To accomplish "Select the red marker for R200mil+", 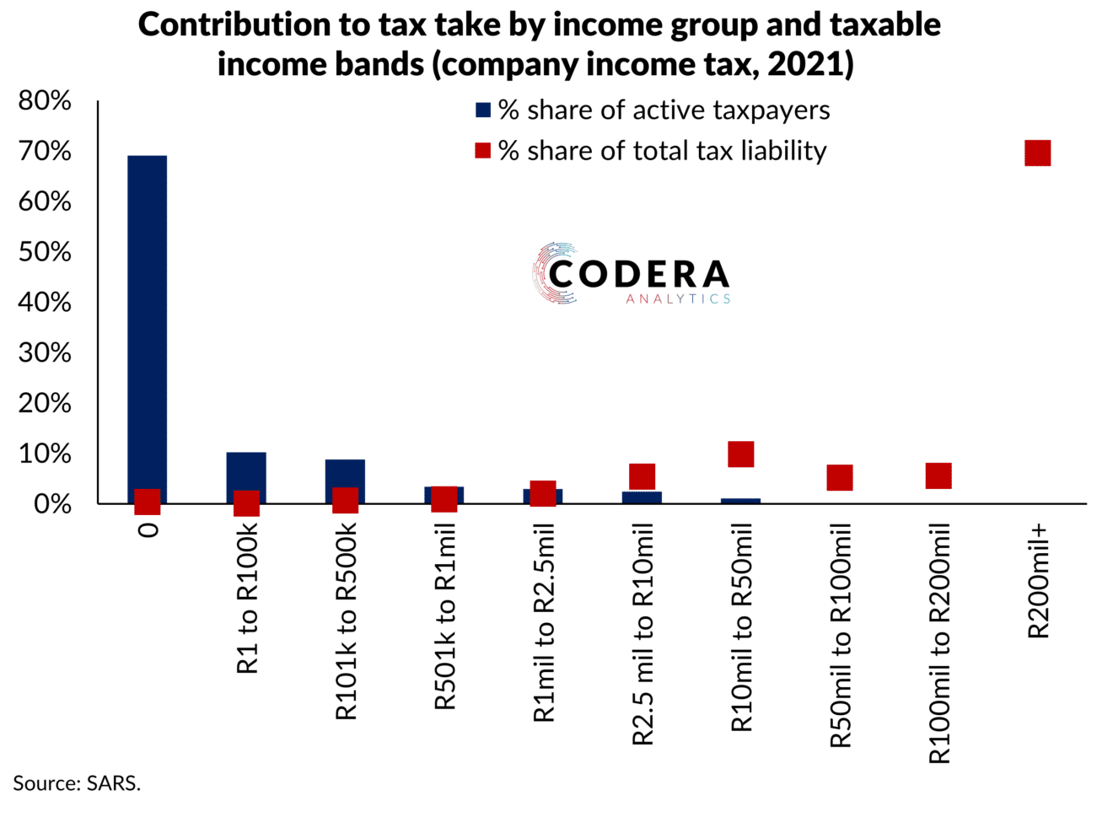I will pyautogui.click(x=1037, y=153).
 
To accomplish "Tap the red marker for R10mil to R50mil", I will pyautogui.click(x=740, y=454).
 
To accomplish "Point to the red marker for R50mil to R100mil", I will pyautogui.click(x=839, y=477).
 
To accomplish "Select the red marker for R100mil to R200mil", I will pyautogui.click(x=938, y=476).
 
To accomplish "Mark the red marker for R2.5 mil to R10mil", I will pyautogui.click(x=642, y=476).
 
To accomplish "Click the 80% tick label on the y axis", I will pyautogui.click(x=45, y=101).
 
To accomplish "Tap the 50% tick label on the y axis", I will pyautogui.click(x=45, y=252).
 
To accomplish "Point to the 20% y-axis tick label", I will pyautogui.click(x=45, y=403).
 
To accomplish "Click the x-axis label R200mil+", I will pyautogui.click(x=1038, y=581).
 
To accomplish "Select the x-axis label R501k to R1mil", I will pyautogui.click(x=444, y=616).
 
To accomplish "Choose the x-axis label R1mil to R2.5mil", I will pyautogui.click(x=544, y=622).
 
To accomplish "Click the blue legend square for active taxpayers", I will pyautogui.click(x=483, y=110).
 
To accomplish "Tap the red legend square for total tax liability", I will pyautogui.click(x=483, y=151).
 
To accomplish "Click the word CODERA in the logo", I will pyautogui.click(x=639, y=274).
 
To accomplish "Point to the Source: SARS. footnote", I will pyautogui.click(x=77, y=783).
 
